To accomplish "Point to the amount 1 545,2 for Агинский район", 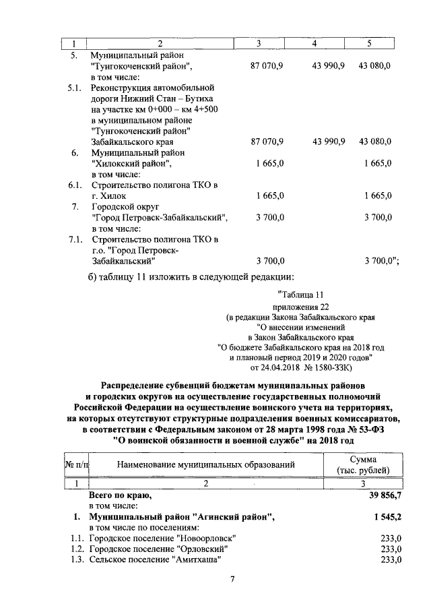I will pyautogui.click(x=385, y=517).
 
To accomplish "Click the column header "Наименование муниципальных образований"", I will pyautogui.click(x=206, y=465).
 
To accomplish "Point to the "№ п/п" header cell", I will pyautogui.click(x=77, y=465).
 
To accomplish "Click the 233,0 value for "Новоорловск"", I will pyautogui.click(x=390, y=538).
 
